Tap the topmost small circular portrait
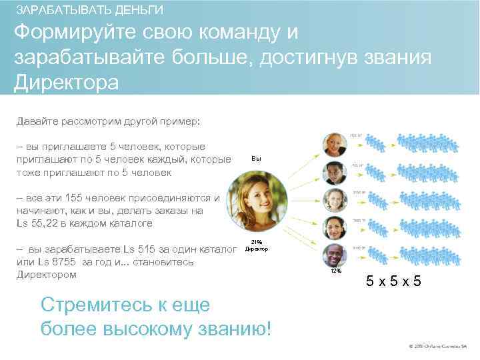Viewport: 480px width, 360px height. click(333, 144)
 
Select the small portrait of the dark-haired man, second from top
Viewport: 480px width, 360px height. click(333, 172)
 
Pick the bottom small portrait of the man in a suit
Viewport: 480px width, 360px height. click(333, 255)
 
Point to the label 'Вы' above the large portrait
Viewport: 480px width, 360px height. click(257, 159)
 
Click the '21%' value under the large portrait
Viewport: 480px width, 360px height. click(257, 242)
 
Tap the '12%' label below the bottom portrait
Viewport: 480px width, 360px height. click(336, 271)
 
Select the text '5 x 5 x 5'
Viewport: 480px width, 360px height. click(394, 281)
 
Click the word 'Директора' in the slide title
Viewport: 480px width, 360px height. click(66, 83)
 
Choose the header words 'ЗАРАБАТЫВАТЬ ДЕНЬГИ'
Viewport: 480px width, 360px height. click(89, 11)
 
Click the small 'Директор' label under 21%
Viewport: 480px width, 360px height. click(257, 249)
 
